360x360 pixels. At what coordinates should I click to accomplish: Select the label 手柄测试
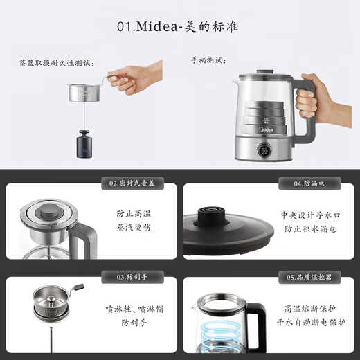[208, 61]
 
